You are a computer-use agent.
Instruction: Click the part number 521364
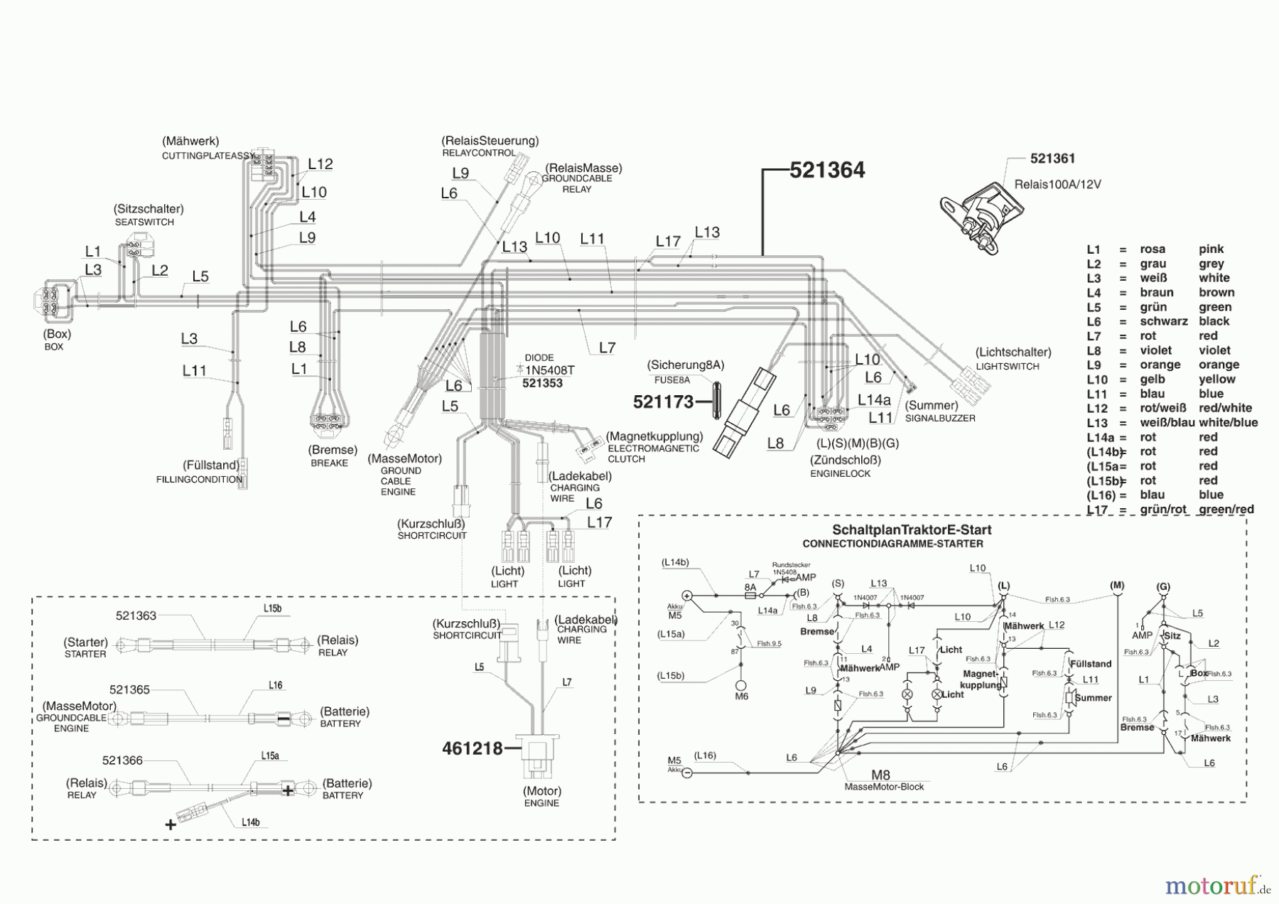click(x=827, y=171)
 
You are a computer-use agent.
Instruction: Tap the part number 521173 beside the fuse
click(x=663, y=402)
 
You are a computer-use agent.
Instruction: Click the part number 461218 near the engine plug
click(x=472, y=748)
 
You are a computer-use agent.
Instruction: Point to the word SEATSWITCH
click(x=144, y=222)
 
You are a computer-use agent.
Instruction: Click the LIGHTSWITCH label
click(x=1007, y=367)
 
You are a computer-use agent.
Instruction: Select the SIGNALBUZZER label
click(x=939, y=419)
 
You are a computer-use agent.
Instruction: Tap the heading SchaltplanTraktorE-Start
click(x=912, y=530)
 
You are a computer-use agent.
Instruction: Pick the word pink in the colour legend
click(x=1211, y=249)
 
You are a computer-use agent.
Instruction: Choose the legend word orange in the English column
click(x=1219, y=365)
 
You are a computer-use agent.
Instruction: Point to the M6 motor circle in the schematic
click(x=741, y=686)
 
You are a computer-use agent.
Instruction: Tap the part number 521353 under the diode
click(x=541, y=384)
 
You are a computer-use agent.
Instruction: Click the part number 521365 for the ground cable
click(x=129, y=690)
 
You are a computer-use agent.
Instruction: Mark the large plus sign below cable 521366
click(x=171, y=825)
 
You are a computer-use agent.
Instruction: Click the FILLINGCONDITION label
click(x=199, y=480)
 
